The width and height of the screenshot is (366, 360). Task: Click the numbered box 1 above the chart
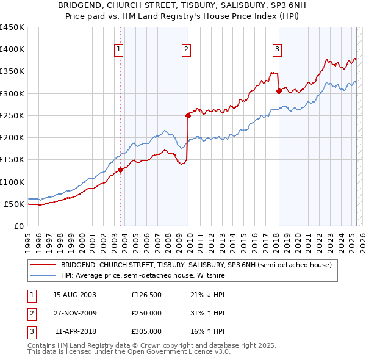[118, 50]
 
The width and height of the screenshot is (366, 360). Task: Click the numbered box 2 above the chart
[186, 50]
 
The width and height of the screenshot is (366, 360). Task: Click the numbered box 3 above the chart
[277, 50]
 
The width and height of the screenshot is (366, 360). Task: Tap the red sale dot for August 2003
[120, 170]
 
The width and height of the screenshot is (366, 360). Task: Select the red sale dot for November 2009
[188, 115]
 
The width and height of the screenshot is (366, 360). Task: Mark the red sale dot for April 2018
[278, 91]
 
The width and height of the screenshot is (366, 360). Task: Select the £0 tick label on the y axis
[19, 226]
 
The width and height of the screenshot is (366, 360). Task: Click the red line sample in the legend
[43, 265]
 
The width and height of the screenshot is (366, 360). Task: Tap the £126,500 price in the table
[146, 295]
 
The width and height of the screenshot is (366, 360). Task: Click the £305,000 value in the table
[146, 331]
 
